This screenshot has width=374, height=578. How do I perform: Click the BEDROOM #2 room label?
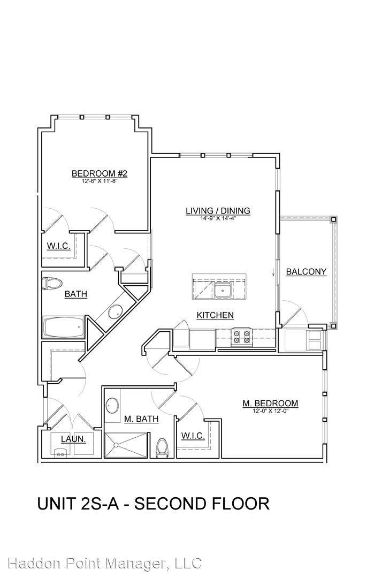pos(100,173)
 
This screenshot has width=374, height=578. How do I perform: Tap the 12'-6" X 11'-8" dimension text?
pos(100,181)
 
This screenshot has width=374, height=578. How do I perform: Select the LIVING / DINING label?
pos(218,210)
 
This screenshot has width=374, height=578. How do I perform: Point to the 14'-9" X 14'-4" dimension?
pos(218,218)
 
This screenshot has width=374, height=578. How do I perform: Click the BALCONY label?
pos(306,272)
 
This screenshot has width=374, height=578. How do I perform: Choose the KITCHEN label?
pos(215,315)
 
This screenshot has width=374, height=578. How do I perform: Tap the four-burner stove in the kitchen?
pos(242,337)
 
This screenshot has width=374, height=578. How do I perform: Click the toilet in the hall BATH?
pos(52,284)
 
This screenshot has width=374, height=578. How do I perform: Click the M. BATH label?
pos(141,419)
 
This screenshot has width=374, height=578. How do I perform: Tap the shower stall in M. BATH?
pos(126,445)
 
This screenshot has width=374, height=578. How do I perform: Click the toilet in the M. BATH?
pos(162,448)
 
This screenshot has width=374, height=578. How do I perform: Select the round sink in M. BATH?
pos(112,406)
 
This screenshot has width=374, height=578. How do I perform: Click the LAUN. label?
pos(73,439)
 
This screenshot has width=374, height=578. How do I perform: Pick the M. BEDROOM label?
pos(270,404)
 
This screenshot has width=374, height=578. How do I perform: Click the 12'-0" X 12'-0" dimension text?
pos(270,410)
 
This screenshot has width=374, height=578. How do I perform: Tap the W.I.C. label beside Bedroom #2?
pos(58,246)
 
